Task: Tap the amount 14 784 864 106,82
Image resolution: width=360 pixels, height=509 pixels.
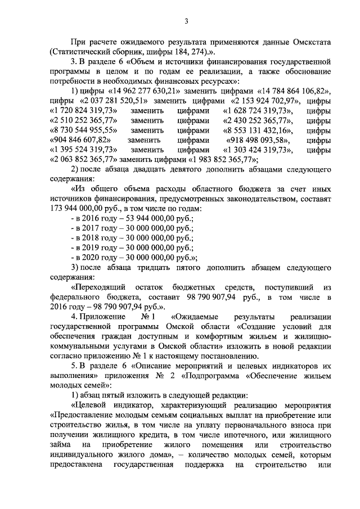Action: click(x=291, y=92)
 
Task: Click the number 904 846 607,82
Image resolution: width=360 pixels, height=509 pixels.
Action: click(x=80, y=139)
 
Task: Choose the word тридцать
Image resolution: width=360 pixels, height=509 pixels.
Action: click(x=159, y=267)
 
